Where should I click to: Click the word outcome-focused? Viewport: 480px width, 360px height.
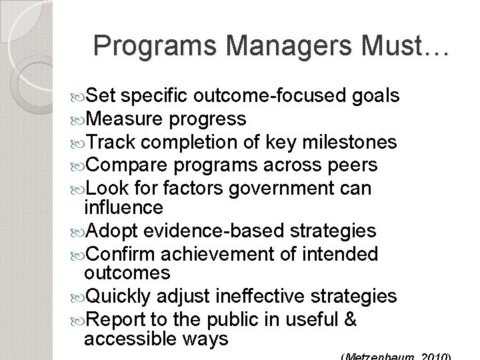pos(270,97)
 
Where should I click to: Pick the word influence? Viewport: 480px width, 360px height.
pos(123,207)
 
